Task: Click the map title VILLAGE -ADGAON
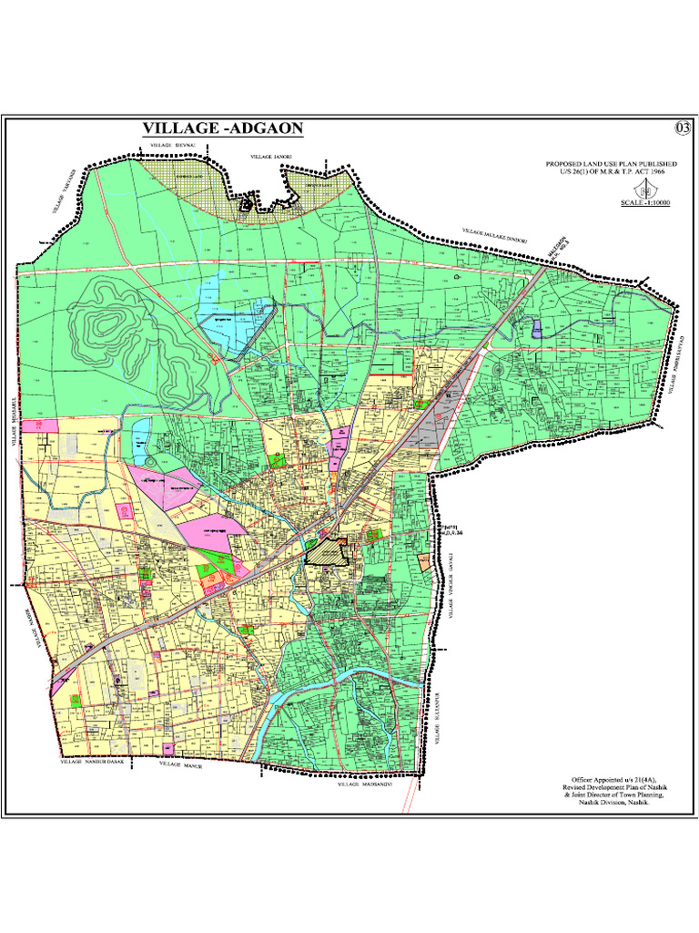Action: tap(222, 129)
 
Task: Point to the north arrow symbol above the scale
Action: tap(647, 188)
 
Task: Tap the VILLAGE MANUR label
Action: tap(179, 765)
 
